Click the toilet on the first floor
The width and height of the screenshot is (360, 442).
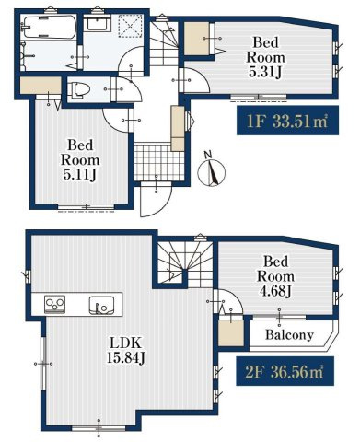pyautogui.click(x=79, y=89)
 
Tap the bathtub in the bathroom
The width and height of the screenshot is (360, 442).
pyautogui.click(x=49, y=29)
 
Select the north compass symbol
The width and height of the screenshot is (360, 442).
pyautogui.click(x=211, y=171)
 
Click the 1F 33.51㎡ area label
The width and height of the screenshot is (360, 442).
pyautogui.click(x=287, y=121)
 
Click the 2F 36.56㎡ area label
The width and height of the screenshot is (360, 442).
pyautogui.click(x=285, y=371)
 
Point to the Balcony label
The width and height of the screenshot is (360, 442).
pyautogui.click(x=289, y=334)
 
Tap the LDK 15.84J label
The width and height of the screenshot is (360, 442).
pyautogui.click(x=126, y=351)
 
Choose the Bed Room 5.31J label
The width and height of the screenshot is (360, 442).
pyautogui.click(x=265, y=57)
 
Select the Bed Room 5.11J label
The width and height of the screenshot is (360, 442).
pyautogui.click(x=80, y=160)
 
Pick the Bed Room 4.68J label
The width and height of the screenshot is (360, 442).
pyautogui.click(x=275, y=276)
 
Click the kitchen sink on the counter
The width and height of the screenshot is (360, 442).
pyautogui.click(x=101, y=306)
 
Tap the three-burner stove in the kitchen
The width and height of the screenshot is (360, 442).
pyautogui.click(x=55, y=304)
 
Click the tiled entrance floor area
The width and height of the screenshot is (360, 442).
pyautogui.click(x=159, y=162)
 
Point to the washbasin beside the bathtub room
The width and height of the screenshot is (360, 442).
pyautogui.click(x=98, y=23)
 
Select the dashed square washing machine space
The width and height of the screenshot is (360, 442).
pyautogui.click(x=131, y=26)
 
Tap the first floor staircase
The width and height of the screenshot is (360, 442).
pyautogui.click(x=164, y=43)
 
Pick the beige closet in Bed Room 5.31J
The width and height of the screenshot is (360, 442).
pyautogui.click(x=196, y=39)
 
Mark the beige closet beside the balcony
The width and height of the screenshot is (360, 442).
pyautogui.click(x=231, y=333)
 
